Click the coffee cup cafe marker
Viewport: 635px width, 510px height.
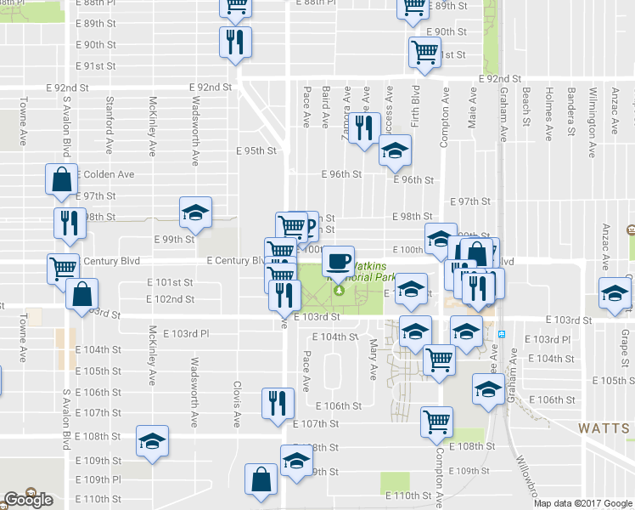pyautogui.click(x=339, y=259)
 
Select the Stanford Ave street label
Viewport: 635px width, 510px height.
pyautogui.click(x=109, y=125)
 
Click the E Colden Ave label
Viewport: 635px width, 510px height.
pyautogui.click(x=106, y=174)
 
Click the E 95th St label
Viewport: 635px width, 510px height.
pyautogui.click(x=261, y=151)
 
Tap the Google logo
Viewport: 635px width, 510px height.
pyautogui.click(x=28, y=500)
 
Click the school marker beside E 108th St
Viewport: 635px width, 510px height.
pyautogui.click(x=152, y=440)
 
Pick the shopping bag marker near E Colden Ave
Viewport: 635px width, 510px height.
pyautogui.click(x=62, y=179)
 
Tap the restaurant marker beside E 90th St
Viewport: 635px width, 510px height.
pyautogui.click(x=233, y=42)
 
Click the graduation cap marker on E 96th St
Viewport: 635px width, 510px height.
pyautogui.click(x=393, y=152)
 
